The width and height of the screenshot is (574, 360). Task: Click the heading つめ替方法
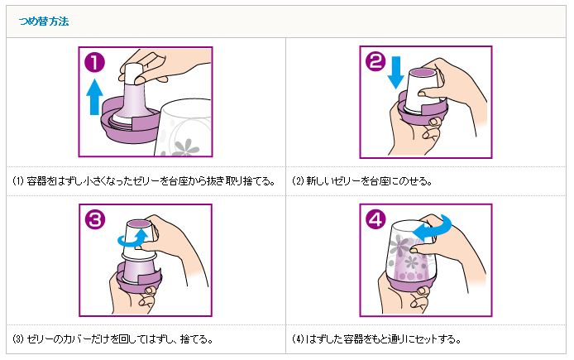click(x=44, y=22)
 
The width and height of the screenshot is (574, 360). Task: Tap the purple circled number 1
click(x=95, y=62)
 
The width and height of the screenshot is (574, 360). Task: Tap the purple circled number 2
click(x=375, y=61)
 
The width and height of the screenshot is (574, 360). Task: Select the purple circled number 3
click(x=95, y=220)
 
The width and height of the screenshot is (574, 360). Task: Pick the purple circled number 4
click(x=375, y=219)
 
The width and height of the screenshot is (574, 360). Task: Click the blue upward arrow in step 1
click(x=94, y=97)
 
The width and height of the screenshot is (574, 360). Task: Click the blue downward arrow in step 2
click(x=395, y=72)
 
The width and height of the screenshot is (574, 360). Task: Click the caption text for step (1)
click(x=144, y=181)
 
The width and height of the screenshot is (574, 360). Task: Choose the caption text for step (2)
click(x=362, y=181)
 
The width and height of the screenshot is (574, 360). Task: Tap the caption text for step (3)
click(x=112, y=339)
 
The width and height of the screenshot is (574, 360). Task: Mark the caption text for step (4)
click(x=376, y=339)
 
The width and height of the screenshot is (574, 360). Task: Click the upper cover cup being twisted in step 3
click(x=138, y=237)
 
